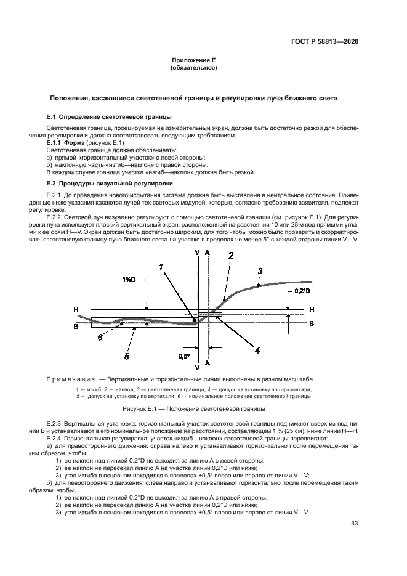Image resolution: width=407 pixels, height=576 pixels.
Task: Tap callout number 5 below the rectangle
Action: click(127, 355)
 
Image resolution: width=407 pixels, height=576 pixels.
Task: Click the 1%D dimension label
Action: click(129, 280)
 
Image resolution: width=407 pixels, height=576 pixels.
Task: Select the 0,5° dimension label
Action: click(183, 355)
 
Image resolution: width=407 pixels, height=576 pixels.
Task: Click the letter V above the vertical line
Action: click(196, 253)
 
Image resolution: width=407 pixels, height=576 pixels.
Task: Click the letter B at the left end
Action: click(76, 327)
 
